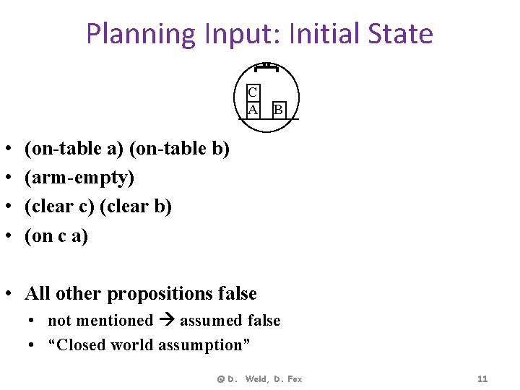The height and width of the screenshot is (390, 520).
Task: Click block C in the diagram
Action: click(253, 92)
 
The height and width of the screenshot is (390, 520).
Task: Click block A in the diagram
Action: click(253, 109)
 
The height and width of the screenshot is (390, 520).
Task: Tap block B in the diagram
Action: click(278, 110)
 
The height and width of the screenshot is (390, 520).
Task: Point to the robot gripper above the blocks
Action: click(266, 66)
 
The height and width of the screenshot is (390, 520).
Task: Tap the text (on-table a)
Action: click(74, 149)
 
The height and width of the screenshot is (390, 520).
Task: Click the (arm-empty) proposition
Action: click(79, 178)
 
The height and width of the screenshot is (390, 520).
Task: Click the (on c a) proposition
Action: click(56, 235)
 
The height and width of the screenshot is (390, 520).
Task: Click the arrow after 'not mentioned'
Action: click(166, 321)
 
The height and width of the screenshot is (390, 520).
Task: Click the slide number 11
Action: click(483, 379)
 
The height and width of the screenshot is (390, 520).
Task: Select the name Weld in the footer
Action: click(256, 379)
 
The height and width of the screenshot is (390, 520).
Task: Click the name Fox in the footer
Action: click(293, 379)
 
